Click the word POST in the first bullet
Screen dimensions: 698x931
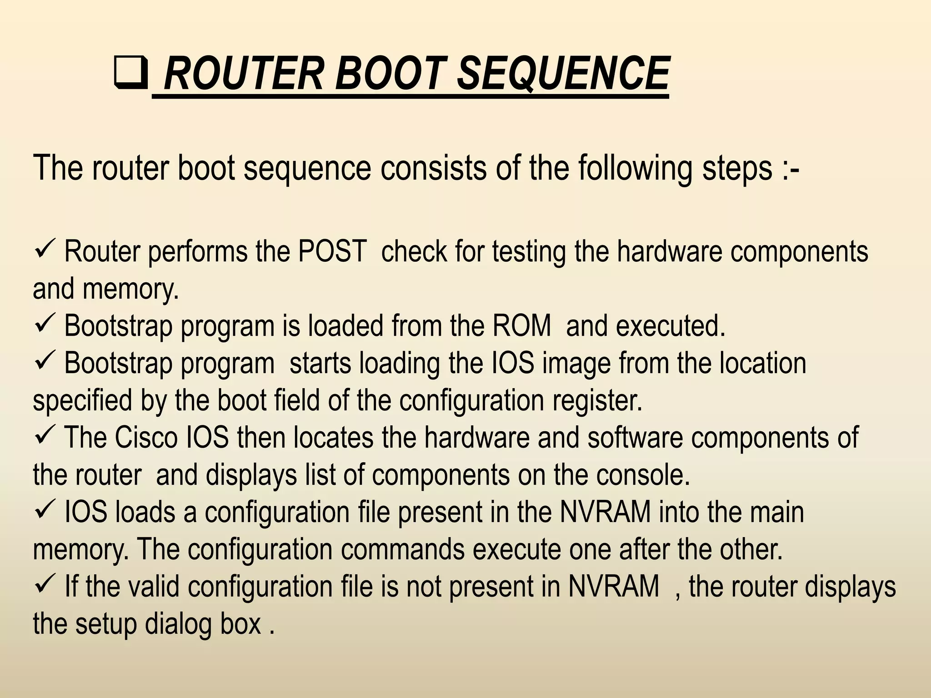coord(332,251)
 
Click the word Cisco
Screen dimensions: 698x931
coord(145,438)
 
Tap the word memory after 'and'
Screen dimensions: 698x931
coord(130,289)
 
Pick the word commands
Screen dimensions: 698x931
coord(403,549)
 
